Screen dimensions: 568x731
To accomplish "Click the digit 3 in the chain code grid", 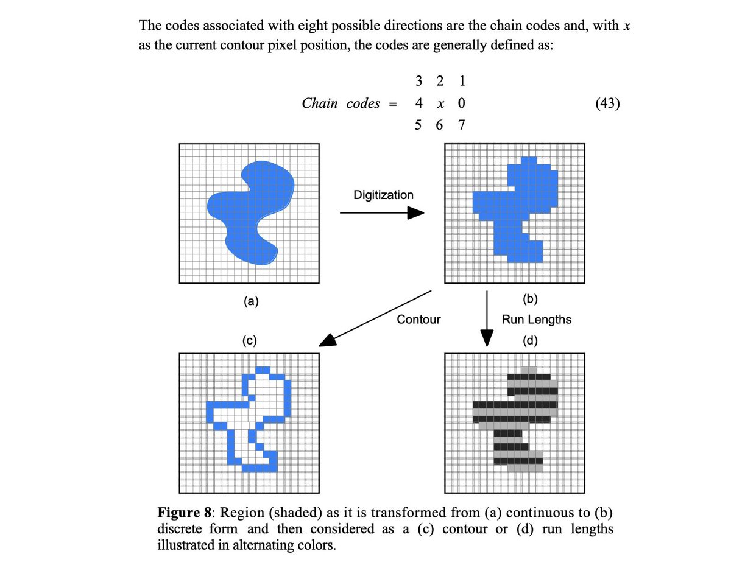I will coord(418,81).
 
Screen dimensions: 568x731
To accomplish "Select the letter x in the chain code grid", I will coord(440,104).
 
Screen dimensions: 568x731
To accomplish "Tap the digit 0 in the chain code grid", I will coord(461,103).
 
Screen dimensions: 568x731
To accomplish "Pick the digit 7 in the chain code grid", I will coord(461,126).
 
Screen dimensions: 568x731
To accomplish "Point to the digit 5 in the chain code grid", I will coord(418,126).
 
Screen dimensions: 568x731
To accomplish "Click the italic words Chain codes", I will coord(341,103).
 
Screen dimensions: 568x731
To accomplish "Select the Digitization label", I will coord(383,195).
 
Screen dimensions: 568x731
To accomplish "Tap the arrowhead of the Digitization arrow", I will coord(415,212).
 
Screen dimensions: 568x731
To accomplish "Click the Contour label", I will coord(418,319).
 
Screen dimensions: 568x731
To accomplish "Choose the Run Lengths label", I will coord(537,319).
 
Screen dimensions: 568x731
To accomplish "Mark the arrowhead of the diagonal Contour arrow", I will coord(328,341).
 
